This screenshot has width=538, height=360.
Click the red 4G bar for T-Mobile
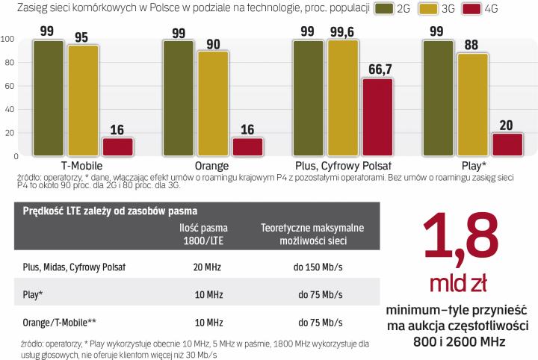117,146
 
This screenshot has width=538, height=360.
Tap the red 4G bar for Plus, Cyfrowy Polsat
377,117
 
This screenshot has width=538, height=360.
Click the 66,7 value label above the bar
377,68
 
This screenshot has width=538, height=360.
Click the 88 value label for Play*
471,43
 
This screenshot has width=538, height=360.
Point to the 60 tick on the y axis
10,86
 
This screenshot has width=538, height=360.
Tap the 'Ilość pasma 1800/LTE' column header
203,234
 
